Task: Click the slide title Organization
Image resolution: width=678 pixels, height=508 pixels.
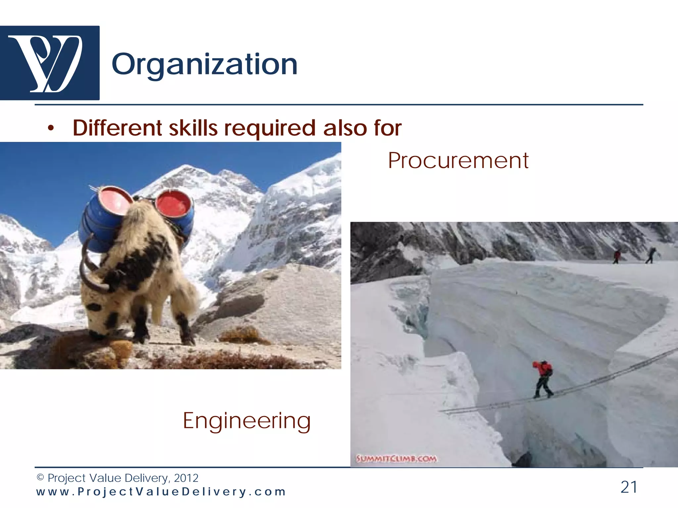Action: pos(204,64)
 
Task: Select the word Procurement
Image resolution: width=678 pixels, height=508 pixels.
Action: pos(458,161)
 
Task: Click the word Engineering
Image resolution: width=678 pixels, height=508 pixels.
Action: pos(247,421)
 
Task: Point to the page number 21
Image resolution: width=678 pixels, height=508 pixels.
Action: pos(629,487)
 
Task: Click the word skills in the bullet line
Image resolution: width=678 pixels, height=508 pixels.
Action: pos(193,128)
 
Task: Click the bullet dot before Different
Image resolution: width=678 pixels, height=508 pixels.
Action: pos(50,129)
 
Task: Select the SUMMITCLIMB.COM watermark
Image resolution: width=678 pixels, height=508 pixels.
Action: pos(396,459)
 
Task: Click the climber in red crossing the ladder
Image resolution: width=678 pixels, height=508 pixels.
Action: pos(542,379)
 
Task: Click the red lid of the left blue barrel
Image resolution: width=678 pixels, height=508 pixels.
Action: pos(115,202)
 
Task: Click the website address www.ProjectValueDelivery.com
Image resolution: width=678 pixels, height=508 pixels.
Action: pos(161,492)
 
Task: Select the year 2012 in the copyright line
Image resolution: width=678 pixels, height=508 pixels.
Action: pos(186,478)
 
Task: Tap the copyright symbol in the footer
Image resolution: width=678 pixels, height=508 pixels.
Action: pos(40,478)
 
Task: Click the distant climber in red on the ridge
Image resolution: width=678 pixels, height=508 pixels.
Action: pos(616,256)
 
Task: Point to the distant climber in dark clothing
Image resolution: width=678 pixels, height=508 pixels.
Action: pos(651,255)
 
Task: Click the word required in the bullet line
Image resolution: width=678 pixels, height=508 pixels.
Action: pos(270,128)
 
